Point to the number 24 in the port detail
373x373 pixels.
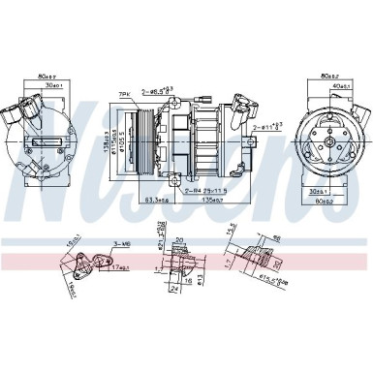point(174,289)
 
